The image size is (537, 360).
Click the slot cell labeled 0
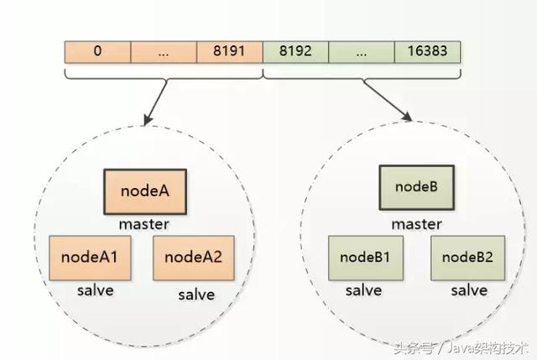[x=97, y=51]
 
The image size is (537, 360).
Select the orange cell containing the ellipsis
[x=164, y=51]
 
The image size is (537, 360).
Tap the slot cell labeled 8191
[x=229, y=51]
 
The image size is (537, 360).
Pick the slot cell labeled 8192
[x=295, y=51]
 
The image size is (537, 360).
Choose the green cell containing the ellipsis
[x=362, y=51]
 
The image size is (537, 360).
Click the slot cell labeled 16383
[x=427, y=51]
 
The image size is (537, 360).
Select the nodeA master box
[x=145, y=191]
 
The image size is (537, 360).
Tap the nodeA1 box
[x=91, y=258]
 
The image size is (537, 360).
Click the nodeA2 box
[x=193, y=258]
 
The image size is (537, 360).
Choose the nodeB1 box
[x=359, y=257]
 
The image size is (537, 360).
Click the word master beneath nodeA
[x=145, y=224]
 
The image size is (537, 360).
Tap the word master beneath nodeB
[x=415, y=224]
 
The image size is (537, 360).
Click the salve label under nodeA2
[x=196, y=295]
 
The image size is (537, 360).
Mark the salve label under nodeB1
[x=363, y=290]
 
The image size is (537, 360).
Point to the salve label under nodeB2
[x=469, y=290]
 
